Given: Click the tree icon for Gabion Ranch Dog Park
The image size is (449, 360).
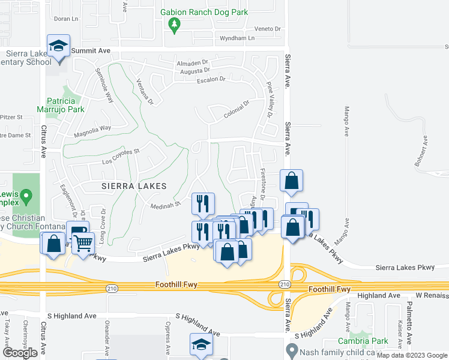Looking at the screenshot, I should [x=175, y=25].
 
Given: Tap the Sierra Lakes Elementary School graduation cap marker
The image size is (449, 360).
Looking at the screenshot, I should [x=59, y=46].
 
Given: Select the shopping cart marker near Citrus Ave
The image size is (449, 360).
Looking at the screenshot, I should [x=83, y=243].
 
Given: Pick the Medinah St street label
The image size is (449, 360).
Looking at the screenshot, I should [x=169, y=205].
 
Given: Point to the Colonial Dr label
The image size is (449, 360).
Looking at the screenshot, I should [x=236, y=105].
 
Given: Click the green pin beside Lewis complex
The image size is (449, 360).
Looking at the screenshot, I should [x=26, y=196].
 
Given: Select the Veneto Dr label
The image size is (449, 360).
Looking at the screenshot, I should [x=268, y=28].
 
